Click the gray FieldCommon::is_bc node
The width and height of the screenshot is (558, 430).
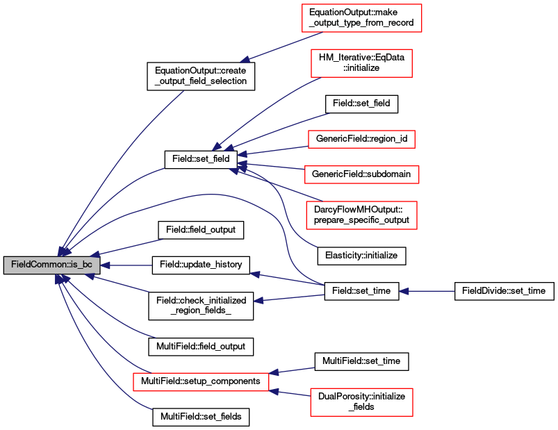point(52,265)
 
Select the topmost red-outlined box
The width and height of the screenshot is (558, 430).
point(361,18)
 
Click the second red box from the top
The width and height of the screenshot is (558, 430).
point(361,63)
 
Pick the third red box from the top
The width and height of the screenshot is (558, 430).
point(361,139)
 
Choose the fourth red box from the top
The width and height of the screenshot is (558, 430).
point(361,174)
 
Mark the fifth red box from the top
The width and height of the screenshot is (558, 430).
point(361,215)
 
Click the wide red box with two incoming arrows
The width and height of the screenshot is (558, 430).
point(201,382)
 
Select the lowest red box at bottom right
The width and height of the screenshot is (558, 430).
point(361,402)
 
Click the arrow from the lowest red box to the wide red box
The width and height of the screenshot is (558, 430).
point(292,394)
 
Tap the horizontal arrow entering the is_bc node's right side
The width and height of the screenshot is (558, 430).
point(129,265)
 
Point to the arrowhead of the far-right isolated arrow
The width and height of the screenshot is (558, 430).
point(403,291)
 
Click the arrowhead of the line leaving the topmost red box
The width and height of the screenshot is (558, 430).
point(245,60)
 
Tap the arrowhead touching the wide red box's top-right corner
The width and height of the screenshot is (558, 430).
point(274,372)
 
